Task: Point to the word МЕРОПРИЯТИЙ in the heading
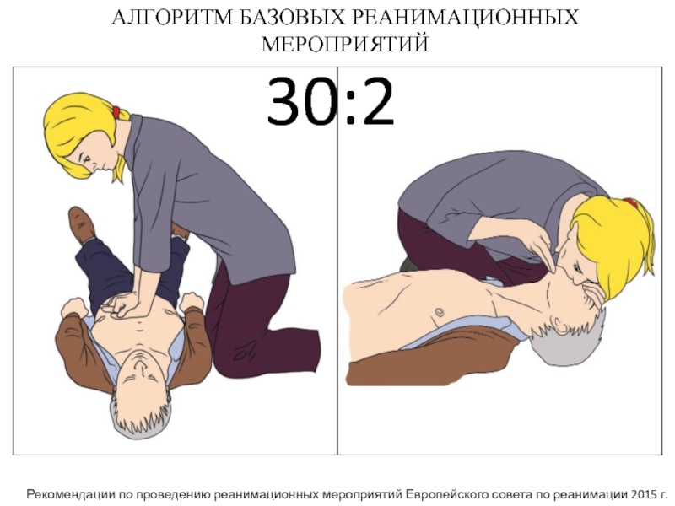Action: (345, 44)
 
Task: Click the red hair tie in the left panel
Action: (116, 112)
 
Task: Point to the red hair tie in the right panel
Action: (629, 202)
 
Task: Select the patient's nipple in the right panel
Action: (439, 311)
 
